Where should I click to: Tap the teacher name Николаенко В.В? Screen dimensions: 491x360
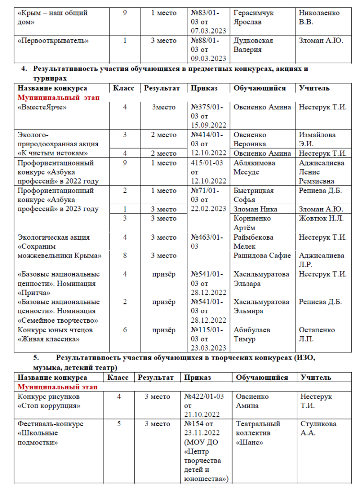tap(319, 18)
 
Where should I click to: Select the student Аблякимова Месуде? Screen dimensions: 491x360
tap(254, 167)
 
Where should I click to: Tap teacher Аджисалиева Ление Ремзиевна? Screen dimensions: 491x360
tap(319, 172)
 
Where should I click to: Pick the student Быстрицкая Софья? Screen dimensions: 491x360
tap(254, 195)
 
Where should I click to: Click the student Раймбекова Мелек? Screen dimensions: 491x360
tap(255, 242)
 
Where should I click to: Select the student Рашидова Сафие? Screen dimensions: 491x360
tap(262, 256)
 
